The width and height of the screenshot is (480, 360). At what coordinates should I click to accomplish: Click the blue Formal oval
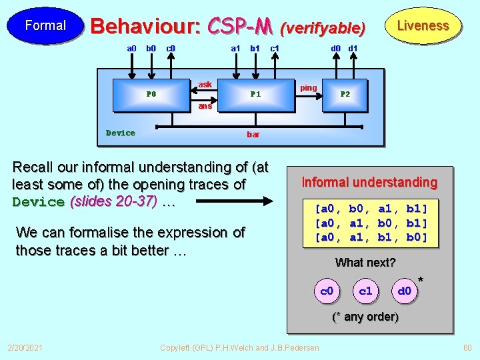(x=45, y=26)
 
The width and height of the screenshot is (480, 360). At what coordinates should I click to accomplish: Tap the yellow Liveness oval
(x=423, y=26)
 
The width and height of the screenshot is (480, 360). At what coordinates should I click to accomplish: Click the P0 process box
(x=151, y=94)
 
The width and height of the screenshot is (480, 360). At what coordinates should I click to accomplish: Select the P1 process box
(x=255, y=94)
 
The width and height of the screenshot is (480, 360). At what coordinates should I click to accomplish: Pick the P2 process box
(x=345, y=94)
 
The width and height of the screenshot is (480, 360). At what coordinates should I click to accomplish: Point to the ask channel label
(x=205, y=85)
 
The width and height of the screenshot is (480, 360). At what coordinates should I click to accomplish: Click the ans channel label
(x=205, y=106)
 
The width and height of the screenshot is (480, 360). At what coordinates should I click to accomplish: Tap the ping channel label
(x=308, y=88)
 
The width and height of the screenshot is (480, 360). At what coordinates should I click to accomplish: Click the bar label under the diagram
(x=253, y=134)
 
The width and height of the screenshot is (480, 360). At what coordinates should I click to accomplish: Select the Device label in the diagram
(x=121, y=133)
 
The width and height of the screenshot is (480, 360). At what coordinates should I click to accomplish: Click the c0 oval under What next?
(x=327, y=291)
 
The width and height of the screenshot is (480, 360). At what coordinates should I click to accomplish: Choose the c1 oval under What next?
(x=365, y=291)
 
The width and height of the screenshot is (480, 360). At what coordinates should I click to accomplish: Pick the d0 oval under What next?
(x=404, y=291)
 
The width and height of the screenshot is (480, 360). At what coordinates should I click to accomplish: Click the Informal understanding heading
(x=369, y=182)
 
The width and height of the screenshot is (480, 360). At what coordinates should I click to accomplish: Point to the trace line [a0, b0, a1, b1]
(x=371, y=208)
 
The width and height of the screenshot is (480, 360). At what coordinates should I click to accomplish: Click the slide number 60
(x=467, y=348)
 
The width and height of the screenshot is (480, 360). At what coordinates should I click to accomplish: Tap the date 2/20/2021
(x=25, y=348)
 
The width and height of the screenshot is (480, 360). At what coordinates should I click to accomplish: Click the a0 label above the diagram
(x=131, y=48)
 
